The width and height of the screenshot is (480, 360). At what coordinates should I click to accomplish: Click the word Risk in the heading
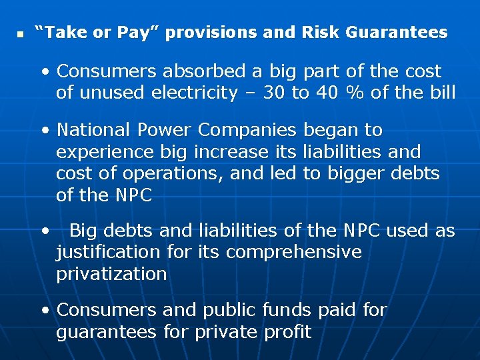(323, 32)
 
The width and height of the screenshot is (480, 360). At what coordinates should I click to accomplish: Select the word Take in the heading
(65, 32)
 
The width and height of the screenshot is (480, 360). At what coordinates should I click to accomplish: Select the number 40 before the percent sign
(327, 93)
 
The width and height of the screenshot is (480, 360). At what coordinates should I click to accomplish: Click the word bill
(438, 93)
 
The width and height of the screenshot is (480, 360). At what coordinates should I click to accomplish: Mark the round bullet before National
(45, 130)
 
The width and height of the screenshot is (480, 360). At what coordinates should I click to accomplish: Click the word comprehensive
(293, 253)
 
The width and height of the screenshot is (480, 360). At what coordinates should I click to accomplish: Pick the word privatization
(111, 274)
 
